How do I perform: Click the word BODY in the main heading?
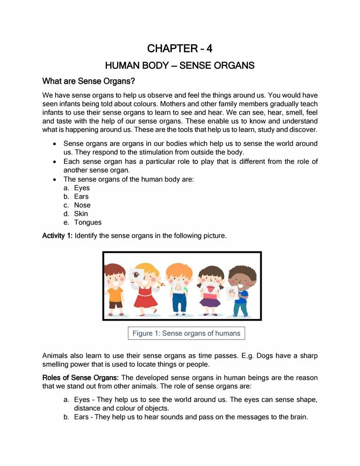pos(146,65)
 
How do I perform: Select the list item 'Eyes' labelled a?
pos(82,188)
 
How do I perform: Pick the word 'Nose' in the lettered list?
pos(82,205)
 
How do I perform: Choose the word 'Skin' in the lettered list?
pos(81,214)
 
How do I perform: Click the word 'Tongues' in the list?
pos(88,222)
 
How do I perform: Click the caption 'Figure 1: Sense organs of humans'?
pos(186,333)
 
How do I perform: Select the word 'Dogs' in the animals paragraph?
pos(264,356)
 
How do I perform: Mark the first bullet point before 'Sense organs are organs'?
pos(56,144)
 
